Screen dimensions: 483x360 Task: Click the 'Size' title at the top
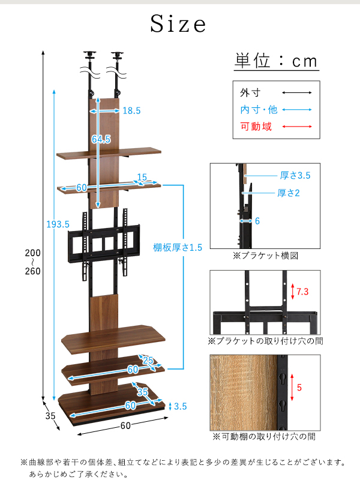pos(178,25)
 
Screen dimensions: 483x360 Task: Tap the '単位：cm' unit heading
pos(275,61)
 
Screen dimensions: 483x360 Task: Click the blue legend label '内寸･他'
pos(259,110)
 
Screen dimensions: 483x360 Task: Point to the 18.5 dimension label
pos(131,110)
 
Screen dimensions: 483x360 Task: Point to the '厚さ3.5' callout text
pos(295,176)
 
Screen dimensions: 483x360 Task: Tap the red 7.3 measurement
pos(303,292)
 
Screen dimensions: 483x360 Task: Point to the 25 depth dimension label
pos(148,361)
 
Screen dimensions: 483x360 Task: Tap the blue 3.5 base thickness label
pos(180,406)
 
